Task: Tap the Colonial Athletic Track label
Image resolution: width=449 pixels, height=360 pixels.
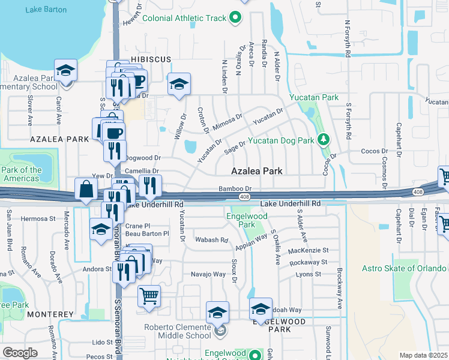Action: pos(184,18)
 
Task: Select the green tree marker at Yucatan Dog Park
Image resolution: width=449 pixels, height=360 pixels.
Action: pos(324,140)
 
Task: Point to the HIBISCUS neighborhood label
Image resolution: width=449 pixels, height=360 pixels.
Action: pos(151,59)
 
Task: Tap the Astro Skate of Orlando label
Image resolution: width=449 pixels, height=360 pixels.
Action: pos(406,268)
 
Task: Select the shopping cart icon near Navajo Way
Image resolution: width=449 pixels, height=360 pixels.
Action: pos(149,295)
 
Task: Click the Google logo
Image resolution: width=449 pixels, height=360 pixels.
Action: pos(20,353)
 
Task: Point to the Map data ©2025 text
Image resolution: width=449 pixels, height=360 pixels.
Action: pos(423,355)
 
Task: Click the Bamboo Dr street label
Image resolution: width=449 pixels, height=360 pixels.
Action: pos(235,188)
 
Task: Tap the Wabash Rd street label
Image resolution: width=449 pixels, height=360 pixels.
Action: pos(212,240)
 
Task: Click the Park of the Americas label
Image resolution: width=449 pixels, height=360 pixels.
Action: pos(22,174)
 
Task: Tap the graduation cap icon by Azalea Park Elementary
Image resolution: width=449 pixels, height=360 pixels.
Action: pos(65,70)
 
